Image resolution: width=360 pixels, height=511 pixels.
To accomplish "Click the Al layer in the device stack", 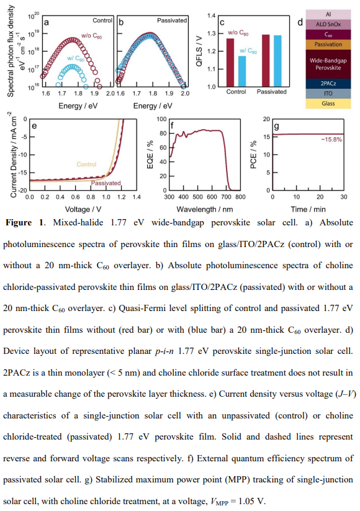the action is (328, 14).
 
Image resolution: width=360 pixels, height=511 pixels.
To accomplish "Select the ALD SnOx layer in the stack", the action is (328, 24).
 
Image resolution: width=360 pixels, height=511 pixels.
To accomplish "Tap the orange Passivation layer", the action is (328, 44).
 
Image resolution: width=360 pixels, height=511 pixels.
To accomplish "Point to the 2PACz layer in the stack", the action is (328, 83).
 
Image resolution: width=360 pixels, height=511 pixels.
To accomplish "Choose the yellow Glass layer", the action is (328, 103).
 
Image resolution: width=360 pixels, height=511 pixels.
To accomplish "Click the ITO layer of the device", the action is (328, 94).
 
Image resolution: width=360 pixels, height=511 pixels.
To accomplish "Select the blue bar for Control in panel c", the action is (242, 71).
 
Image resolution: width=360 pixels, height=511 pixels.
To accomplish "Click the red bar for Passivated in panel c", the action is (266, 61).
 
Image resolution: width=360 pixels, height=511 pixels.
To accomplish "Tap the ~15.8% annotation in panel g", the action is (331, 140).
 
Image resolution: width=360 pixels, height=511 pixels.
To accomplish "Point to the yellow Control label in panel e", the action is (86, 165).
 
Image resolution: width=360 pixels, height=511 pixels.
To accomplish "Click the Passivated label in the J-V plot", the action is (106, 183).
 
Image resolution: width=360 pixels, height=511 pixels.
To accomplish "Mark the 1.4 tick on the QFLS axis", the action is (212, 16).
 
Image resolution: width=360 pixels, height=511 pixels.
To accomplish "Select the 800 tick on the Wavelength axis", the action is (240, 197).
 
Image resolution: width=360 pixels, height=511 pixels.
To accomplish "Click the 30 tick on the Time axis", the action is (344, 197).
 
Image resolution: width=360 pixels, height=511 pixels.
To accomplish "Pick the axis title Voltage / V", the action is (83, 209).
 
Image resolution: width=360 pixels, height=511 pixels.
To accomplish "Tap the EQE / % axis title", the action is (150, 155).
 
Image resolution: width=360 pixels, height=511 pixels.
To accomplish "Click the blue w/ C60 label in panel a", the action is (76, 58).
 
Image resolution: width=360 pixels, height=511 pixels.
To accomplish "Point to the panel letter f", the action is (172, 125).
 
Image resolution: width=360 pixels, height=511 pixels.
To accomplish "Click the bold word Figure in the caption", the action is (19, 223).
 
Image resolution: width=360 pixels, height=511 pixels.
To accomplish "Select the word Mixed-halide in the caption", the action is (78, 222).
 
